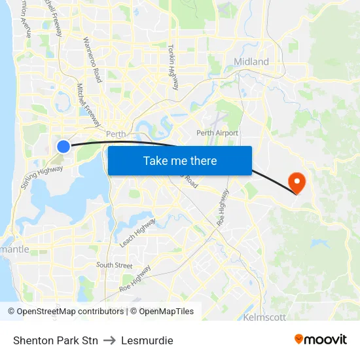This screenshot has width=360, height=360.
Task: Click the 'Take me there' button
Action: point(179,161)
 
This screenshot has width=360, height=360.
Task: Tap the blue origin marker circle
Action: point(63,147)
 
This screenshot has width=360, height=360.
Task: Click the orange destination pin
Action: point(297,181)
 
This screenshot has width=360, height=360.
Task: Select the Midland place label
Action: point(251,62)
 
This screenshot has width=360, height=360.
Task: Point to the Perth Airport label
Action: point(217,133)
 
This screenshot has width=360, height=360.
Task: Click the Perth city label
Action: point(115,134)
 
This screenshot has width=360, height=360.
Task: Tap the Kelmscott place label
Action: point(264,317)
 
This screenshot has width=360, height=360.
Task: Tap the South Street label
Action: point(114,265)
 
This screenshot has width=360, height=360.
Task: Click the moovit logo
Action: point(321,339)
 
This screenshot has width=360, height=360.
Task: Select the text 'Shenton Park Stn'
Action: point(55,340)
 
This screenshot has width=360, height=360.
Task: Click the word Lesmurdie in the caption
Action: point(147,340)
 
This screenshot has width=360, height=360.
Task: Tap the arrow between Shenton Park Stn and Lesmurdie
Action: point(109,340)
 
